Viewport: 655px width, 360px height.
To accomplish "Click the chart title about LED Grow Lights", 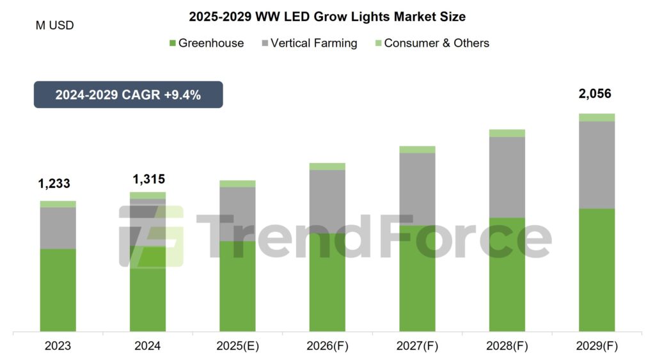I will pos(327,16).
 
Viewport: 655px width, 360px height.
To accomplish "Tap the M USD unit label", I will pos(55,26).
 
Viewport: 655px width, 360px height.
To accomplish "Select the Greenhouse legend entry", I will pos(206,43).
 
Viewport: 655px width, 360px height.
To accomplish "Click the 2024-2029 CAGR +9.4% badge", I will pos(128,95).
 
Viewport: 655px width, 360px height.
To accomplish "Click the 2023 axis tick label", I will pos(58,346).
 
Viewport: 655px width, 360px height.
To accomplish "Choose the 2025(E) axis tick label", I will pos(237,346).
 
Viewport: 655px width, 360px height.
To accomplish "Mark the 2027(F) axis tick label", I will pos(417,346).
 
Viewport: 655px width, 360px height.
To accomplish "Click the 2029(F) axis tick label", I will pos(597,346).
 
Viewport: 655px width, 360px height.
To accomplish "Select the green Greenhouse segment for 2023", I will pos(58,290).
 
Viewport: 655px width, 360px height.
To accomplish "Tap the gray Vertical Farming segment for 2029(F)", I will pos(597,164).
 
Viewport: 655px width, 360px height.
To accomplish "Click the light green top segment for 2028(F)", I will pos(507,133).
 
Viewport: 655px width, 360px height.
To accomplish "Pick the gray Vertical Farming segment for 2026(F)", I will pos(327,201).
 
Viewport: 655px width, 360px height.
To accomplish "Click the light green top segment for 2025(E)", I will pos(237,184).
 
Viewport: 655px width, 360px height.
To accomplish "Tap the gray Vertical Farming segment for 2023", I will pos(58,228).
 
